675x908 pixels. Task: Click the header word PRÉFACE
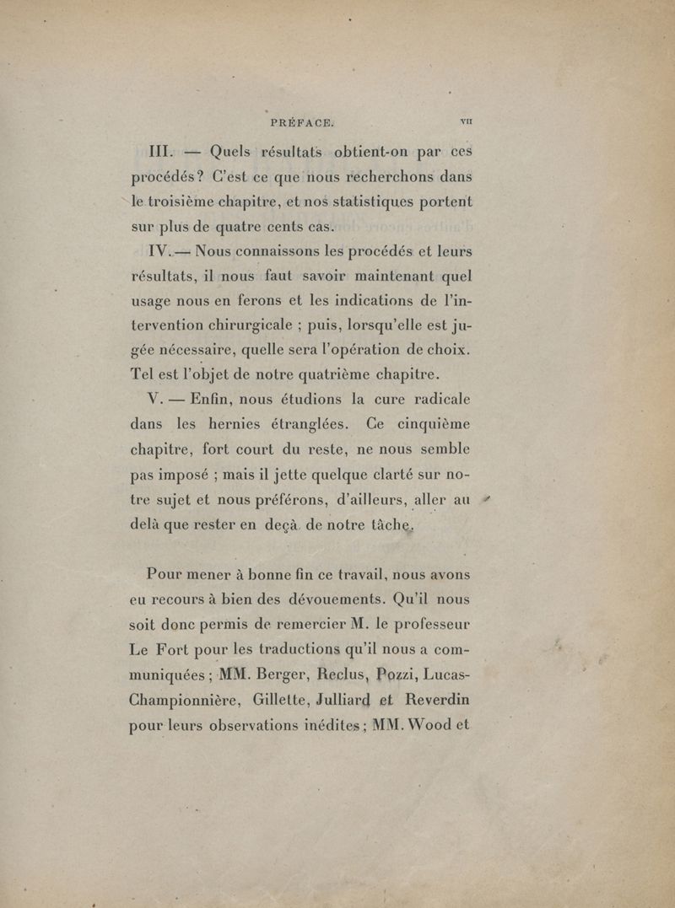[x=302, y=122]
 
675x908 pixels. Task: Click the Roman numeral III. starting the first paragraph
[x=155, y=153]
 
